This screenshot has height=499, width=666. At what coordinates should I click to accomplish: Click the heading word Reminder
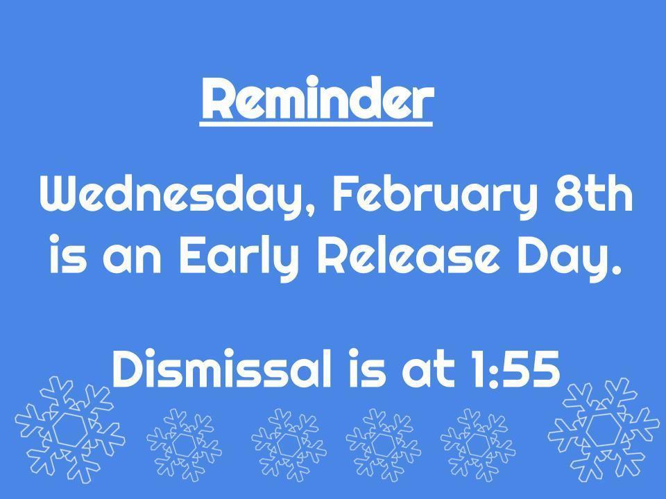(x=316, y=99)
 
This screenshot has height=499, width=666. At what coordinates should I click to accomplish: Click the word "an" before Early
(x=130, y=258)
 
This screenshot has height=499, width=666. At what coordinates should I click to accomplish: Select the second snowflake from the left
(x=184, y=444)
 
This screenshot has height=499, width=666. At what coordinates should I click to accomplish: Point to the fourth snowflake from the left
(x=382, y=444)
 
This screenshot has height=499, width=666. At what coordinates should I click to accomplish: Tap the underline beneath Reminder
(x=316, y=125)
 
